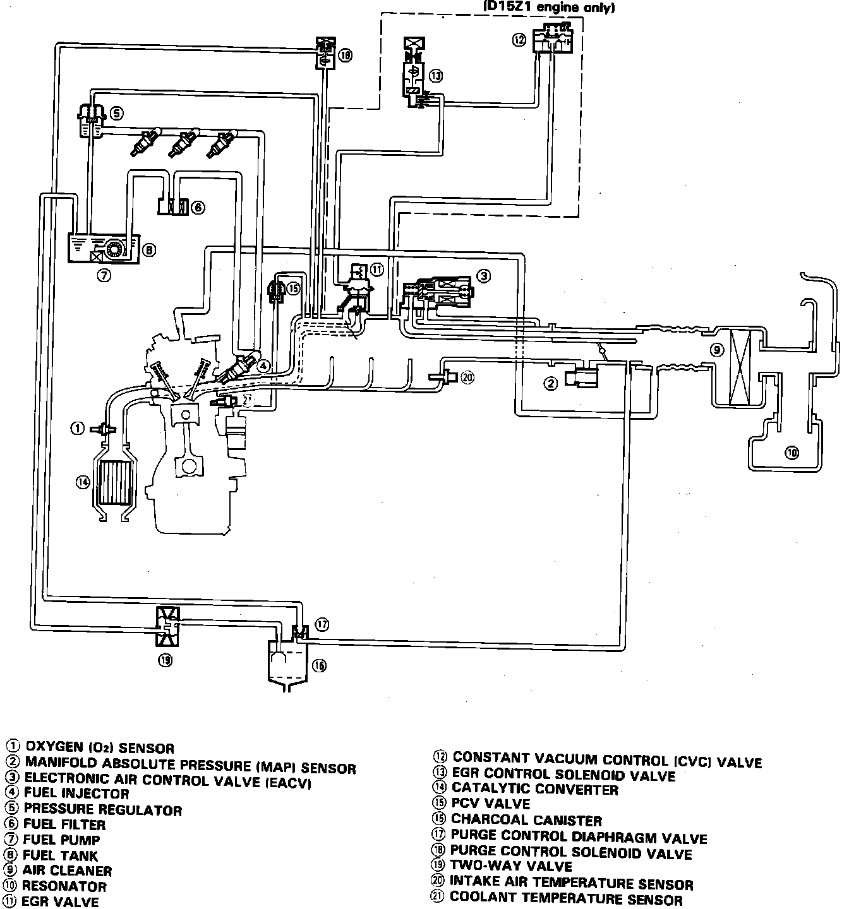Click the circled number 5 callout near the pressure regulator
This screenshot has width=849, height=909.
click(117, 114)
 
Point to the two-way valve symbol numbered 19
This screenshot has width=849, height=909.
click(167, 625)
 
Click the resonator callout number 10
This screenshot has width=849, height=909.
click(792, 452)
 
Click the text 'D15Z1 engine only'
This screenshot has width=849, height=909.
click(548, 8)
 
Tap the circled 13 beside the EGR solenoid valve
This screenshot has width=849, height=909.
click(436, 76)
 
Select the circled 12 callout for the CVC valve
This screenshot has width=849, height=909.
click(519, 40)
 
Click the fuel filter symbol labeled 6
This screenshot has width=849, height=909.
click(171, 206)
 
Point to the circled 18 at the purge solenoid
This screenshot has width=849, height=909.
click(345, 55)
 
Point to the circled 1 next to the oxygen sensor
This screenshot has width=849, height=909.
click(77, 429)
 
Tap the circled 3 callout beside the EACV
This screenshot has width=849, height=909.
click(483, 276)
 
